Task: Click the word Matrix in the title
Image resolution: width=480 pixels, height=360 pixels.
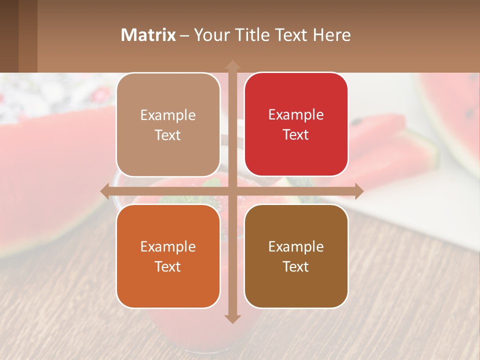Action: point(148,35)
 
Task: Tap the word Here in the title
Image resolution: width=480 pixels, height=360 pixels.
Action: point(331,35)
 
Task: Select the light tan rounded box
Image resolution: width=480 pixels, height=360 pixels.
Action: point(168,124)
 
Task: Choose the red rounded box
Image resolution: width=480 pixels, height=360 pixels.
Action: point(296,124)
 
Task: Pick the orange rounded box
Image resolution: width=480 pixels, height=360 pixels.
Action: point(168,256)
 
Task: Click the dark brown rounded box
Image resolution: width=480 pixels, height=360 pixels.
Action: point(296,256)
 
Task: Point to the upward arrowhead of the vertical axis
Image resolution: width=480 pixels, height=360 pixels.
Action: point(232,65)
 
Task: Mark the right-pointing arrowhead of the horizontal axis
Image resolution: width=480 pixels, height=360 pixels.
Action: point(358,191)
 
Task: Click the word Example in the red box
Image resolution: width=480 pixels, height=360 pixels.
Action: point(296,114)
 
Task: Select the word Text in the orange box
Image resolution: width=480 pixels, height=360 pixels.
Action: point(168,266)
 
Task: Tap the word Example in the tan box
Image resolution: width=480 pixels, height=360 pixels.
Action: point(168,115)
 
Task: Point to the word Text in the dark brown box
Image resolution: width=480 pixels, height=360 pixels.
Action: point(296,266)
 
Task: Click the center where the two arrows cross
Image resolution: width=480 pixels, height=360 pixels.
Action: point(232,191)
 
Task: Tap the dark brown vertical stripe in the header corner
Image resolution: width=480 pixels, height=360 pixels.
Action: point(9,36)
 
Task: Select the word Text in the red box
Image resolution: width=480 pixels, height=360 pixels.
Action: point(296,135)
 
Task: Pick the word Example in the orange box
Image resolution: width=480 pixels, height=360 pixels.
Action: point(168,246)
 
